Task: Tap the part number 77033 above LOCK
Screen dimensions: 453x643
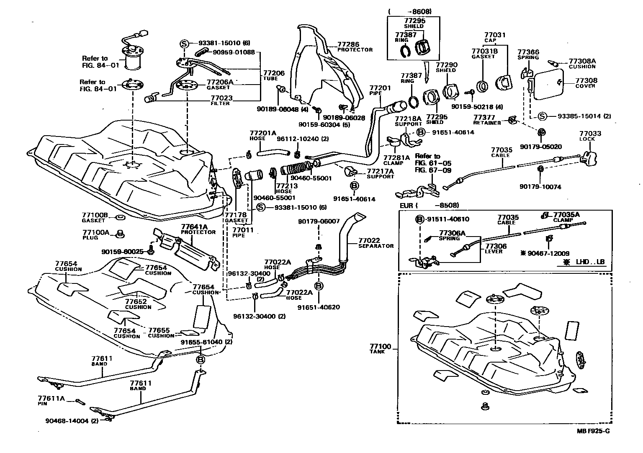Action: click(x=590, y=134)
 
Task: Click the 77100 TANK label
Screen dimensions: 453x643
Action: click(x=380, y=347)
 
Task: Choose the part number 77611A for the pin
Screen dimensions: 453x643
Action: click(x=51, y=399)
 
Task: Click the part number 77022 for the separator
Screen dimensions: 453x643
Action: click(x=369, y=240)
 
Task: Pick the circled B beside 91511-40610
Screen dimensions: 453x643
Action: click(x=420, y=219)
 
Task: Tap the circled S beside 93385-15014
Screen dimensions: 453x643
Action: click(x=543, y=116)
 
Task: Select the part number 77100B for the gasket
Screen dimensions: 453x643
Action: click(x=95, y=215)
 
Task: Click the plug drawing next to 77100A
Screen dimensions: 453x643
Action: click(x=120, y=233)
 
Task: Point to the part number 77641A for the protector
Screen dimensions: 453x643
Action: click(x=194, y=226)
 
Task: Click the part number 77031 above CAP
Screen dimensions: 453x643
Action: click(x=495, y=35)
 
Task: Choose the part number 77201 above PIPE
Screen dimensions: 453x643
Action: click(x=380, y=88)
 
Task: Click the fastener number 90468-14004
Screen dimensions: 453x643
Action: click(x=67, y=421)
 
